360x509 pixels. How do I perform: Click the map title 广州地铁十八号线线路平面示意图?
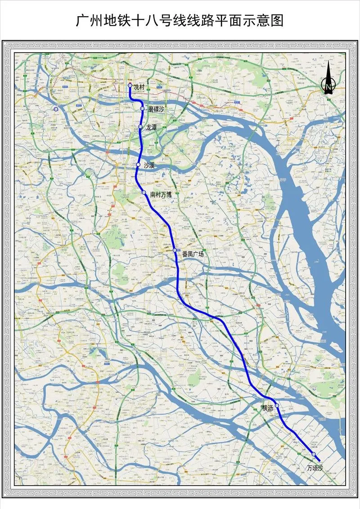point(180,20)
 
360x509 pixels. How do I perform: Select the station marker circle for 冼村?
point(130,85)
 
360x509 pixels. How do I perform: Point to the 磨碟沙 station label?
point(156,109)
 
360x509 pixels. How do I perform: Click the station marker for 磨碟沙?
point(143,108)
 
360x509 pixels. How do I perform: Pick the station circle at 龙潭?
point(141,127)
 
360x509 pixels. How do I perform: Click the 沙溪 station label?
point(149,165)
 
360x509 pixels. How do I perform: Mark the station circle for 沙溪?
point(139,165)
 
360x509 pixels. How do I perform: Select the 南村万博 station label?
point(161,195)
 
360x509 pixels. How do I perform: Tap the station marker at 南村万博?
point(144,193)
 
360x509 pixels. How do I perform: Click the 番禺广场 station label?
point(193,254)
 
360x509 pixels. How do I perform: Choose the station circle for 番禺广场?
point(175,250)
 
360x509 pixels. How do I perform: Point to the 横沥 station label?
point(268,408)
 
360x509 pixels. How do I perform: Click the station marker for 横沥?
point(277,406)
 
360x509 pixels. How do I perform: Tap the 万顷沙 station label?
point(315,468)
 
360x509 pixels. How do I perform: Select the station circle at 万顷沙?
point(314,455)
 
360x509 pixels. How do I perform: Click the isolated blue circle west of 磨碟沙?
point(56,109)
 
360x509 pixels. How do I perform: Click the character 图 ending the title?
point(278,20)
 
